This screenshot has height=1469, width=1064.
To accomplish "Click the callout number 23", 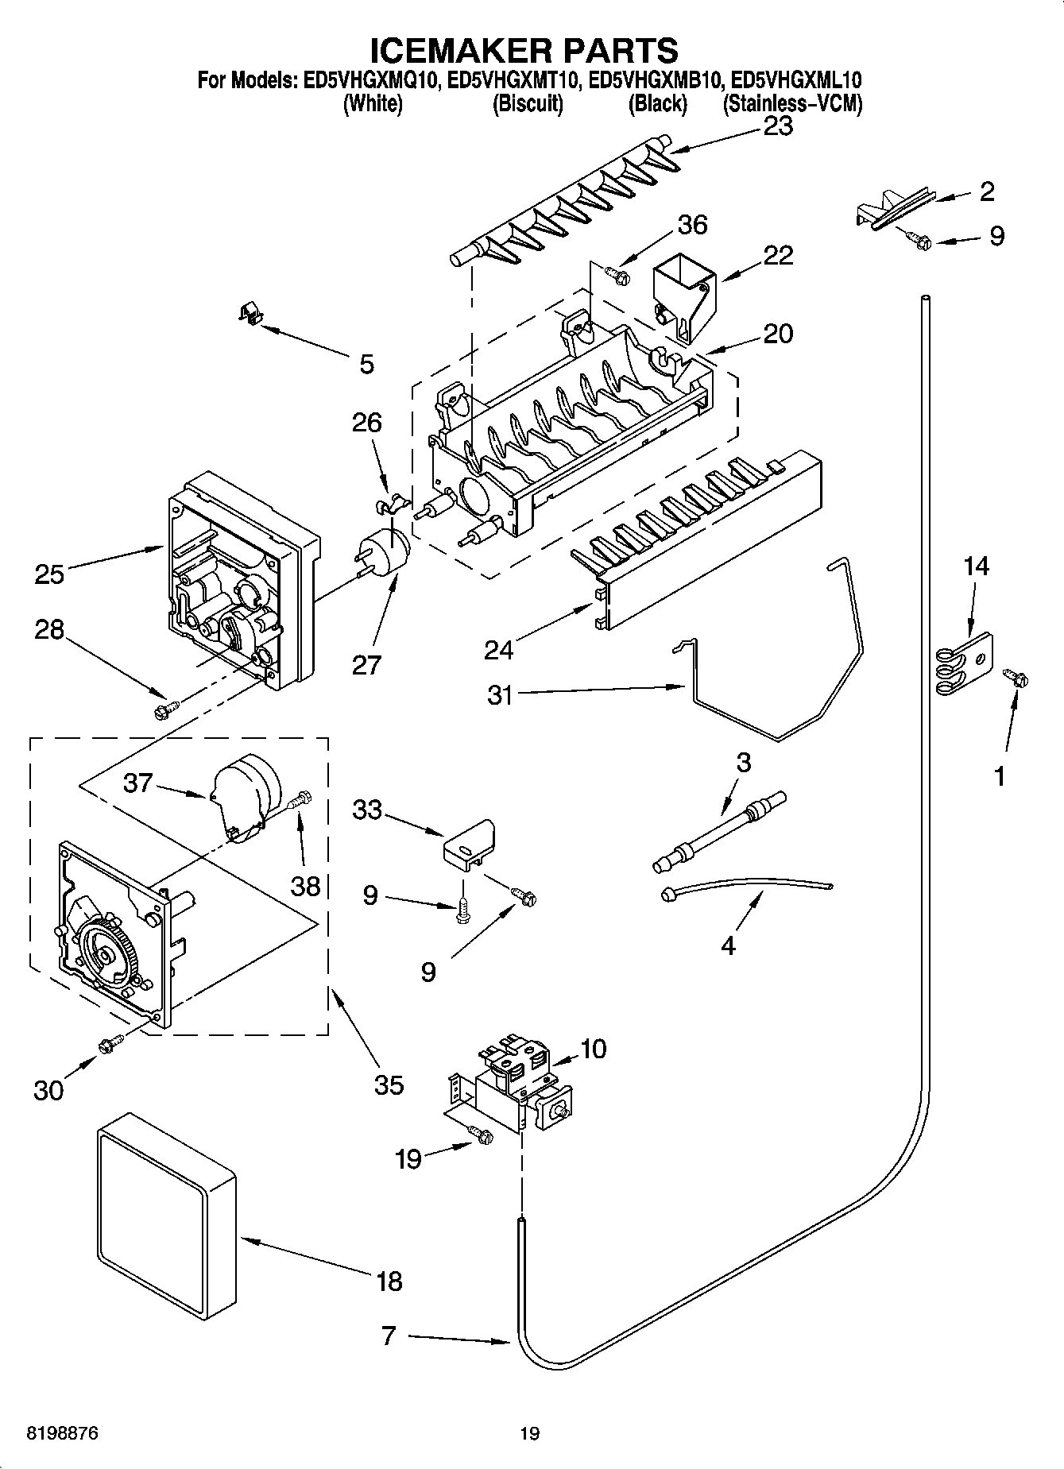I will pos(777,126).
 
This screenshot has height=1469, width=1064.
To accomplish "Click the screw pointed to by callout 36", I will pos(617,275).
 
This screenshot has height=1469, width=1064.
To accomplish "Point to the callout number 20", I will pos(777,334).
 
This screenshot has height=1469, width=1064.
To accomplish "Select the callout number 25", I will pos(49,574).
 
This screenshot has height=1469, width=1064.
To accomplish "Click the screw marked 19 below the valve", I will pos(481,1136).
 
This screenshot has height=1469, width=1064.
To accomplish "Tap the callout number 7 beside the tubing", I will pos(388,1336).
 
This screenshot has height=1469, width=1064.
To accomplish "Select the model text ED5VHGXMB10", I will pos(656,80).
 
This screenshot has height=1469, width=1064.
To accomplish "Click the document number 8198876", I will pos(52,1433).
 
